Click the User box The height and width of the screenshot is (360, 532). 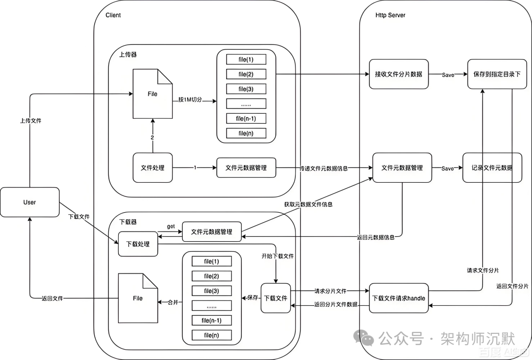(x=30, y=202)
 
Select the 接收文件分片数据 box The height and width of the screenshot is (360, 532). (x=399, y=74)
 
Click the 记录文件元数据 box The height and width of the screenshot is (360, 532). (x=493, y=168)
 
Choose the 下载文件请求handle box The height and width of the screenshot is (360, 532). (x=399, y=298)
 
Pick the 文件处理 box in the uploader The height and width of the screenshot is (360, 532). (x=153, y=167)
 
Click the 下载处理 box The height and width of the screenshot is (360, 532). (x=138, y=244)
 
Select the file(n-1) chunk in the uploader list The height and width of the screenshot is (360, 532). (x=246, y=118)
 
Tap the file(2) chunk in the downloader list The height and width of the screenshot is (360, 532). (x=211, y=276)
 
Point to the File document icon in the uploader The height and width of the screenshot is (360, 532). (x=153, y=94)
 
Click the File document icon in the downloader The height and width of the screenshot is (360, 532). (x=138, y=298)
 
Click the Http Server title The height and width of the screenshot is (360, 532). (x=390, y=15)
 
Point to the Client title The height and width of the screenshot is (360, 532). (x=113, y=15)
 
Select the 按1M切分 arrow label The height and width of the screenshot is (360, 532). (x=191, y=100)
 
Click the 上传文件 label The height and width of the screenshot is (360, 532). (x=31, y=120)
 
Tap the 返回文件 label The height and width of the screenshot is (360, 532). (x=52, y=298)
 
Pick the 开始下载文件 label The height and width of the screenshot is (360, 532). (x=277, y=256)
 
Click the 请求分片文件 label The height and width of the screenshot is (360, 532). (x=330, y=291)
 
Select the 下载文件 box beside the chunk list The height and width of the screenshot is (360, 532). (x=276, y=298)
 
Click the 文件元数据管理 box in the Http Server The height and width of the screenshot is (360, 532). (x=402, y=168)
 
